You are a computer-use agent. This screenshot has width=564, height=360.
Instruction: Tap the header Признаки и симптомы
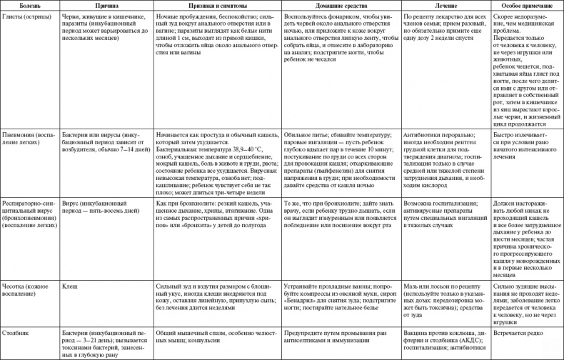(x=208, y=4)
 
